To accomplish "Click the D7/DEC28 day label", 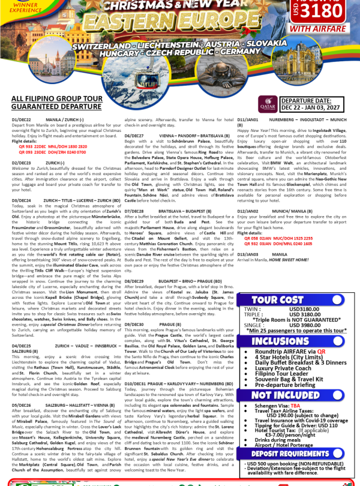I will pos(136,211).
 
